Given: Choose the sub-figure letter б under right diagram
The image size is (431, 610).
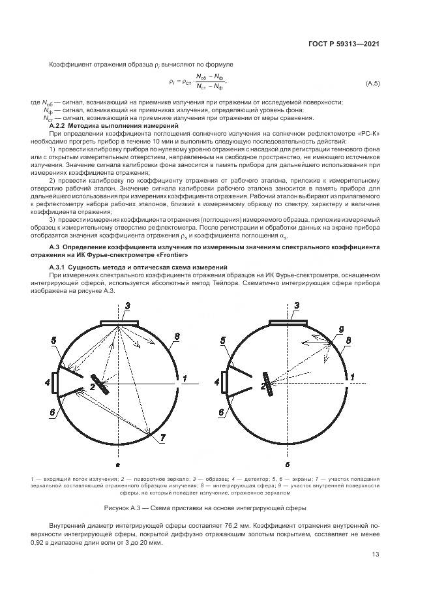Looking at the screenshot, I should point(288,465).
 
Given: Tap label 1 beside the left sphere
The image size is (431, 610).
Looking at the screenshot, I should point(185,378).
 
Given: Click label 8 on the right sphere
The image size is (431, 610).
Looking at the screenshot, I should point(349,340).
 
